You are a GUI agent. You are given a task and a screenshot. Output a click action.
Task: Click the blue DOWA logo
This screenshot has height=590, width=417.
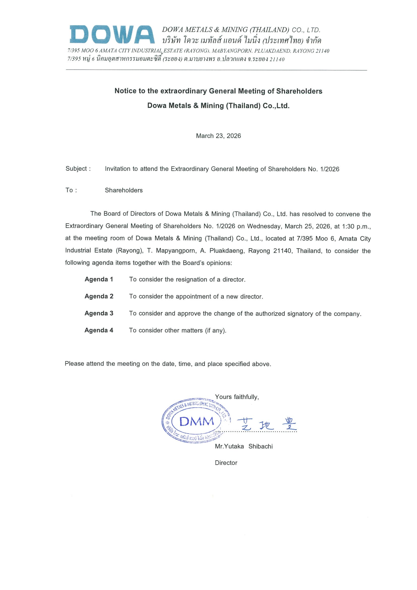coord(112,34)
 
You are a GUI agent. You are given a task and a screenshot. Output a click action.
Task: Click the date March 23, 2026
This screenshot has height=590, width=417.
coord(218,136)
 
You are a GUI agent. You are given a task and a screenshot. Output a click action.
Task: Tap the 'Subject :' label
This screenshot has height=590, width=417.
coord(78,169)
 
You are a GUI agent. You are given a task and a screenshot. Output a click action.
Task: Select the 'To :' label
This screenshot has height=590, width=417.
coord(71,190)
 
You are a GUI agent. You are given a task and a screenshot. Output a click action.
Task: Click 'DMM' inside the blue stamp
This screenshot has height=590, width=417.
coord(197,421)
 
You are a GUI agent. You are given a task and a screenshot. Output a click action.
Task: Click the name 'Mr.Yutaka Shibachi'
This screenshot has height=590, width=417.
coord(244,446)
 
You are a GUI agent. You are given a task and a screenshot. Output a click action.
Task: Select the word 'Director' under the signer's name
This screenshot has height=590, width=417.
coord(226,463)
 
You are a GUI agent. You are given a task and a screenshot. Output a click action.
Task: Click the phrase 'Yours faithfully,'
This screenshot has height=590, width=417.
coord(237,397)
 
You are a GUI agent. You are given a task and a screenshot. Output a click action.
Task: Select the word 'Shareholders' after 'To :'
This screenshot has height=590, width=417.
coord(124,190)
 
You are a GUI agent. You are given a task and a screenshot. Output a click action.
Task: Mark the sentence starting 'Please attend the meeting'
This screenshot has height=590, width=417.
coord(168,364)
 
